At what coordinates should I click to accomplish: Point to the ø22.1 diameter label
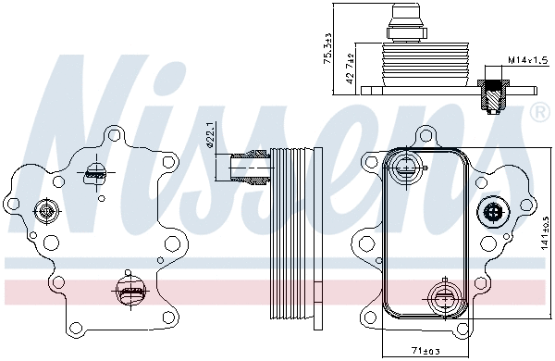(211, 131)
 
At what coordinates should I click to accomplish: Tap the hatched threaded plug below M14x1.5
(489, 93)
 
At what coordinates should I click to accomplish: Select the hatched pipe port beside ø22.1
(249, 167)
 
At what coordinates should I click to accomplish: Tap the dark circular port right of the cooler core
(492, 214)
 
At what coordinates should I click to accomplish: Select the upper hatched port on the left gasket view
(95, 172)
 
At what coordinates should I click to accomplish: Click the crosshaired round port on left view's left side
(44, 212)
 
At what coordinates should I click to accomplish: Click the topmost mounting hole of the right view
(426, 134)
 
